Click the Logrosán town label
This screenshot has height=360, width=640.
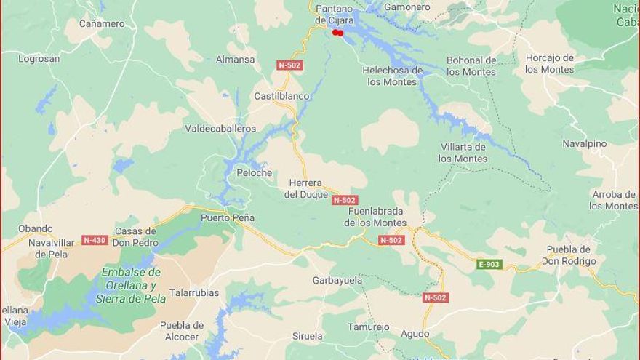(39, 58)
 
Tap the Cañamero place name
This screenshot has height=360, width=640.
(102, 23)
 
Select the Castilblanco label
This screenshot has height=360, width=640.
(281, 96)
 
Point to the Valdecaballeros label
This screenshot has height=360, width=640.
(220, 129)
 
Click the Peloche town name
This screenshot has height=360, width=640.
(254, 173)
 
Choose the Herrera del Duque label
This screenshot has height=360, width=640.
(305, 188)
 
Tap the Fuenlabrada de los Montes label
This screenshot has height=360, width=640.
(375, 217)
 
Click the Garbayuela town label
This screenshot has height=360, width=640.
(337, 280)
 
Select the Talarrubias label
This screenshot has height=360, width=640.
(194, 293)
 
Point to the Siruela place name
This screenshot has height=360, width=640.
(308, 336)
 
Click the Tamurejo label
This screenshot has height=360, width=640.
(368, 327)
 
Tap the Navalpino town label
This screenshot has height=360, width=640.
(584, 143)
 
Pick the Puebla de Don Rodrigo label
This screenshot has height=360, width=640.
(571, 255)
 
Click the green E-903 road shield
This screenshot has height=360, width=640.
(489, 264)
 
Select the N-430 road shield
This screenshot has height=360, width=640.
(95, 240)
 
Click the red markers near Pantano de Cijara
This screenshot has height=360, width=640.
(337, 33)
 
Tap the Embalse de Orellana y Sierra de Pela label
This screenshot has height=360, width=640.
(131, 285)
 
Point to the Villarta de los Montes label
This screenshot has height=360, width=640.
(463, 153)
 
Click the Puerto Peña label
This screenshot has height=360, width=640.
(228, 217)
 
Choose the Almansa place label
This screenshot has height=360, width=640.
(235, 60)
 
